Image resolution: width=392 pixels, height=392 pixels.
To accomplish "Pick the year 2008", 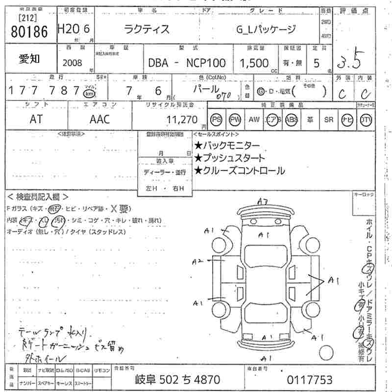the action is (x=72, y=63).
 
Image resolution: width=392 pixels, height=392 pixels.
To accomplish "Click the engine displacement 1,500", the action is (x=253, y=63).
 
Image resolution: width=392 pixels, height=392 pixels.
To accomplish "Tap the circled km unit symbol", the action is (x=89, y=93).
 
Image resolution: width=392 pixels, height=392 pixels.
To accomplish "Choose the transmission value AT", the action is (x=36, y=119).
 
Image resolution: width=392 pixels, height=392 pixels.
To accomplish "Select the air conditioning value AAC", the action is (x=99, y=119).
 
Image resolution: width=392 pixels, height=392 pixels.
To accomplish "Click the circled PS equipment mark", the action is (x=216, y=119).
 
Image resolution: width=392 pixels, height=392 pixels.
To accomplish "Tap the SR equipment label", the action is (x=328, y=119).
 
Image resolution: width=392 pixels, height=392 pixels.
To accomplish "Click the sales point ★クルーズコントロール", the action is (x=239, y=171).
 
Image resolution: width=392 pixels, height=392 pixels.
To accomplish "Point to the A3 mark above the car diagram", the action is (x=263, y=201).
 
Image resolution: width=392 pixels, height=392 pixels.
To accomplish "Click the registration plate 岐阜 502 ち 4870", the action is (x=177, y=379).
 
